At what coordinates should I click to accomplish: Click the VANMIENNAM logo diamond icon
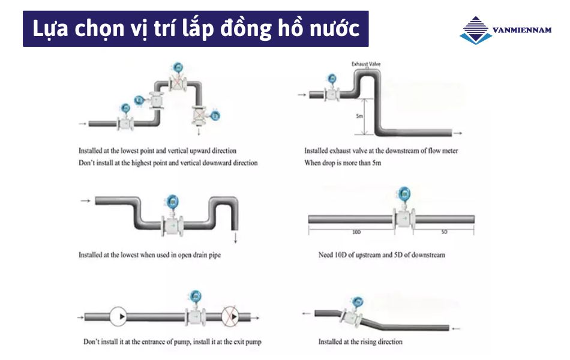(476, 30)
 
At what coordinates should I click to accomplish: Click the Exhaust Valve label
(365, 64)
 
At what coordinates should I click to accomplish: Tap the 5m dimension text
(359, 116)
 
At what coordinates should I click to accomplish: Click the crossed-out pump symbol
(231, 316)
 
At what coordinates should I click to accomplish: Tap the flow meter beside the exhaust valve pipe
(331, 90)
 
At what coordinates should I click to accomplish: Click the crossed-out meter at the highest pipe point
(178, 80)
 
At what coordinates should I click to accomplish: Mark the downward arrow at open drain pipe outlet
(236, 239)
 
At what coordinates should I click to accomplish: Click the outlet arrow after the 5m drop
(457, 133)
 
